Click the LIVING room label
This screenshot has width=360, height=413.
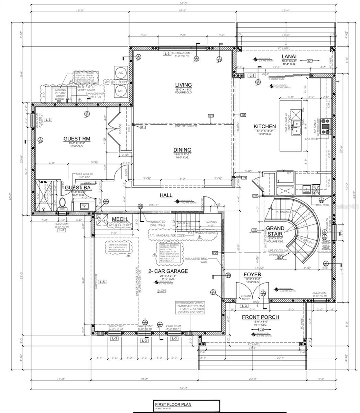[183, 85]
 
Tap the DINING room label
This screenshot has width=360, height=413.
[183, 150]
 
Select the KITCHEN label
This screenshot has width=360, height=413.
[264, 126]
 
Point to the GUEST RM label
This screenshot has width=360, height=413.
[77, 139]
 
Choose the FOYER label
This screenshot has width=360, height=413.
[252, 274]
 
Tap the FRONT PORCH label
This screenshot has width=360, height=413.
[260, 317]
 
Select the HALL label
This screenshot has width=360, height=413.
[166, 195]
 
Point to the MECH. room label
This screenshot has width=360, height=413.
[120, 219]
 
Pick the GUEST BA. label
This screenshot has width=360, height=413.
[75, 188]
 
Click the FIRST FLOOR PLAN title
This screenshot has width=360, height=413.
[173, 405]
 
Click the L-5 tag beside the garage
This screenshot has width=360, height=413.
[101, 282]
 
